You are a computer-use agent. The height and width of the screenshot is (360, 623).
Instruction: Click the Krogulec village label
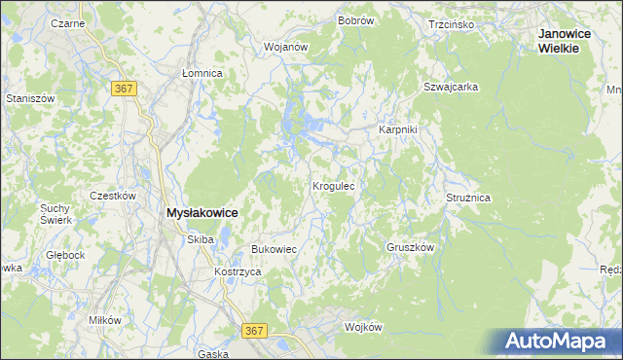339,185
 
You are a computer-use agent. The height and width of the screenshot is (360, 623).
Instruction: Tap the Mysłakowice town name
203,211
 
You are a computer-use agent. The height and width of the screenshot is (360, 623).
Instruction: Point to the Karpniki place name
397,129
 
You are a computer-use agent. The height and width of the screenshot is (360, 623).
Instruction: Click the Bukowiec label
274,249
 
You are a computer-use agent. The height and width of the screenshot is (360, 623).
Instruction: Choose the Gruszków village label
409,247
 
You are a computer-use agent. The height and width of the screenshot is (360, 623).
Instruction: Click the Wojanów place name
286,46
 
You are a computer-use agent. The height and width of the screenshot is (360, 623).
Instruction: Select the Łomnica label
203,73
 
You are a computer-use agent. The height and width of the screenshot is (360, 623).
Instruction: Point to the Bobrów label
356,19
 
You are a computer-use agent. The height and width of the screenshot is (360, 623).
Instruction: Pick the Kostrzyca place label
238,271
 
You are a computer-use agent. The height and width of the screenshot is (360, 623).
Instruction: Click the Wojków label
364,327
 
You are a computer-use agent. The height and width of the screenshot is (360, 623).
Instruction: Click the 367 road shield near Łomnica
124,89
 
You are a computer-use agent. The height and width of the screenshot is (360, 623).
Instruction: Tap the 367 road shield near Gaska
254,331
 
